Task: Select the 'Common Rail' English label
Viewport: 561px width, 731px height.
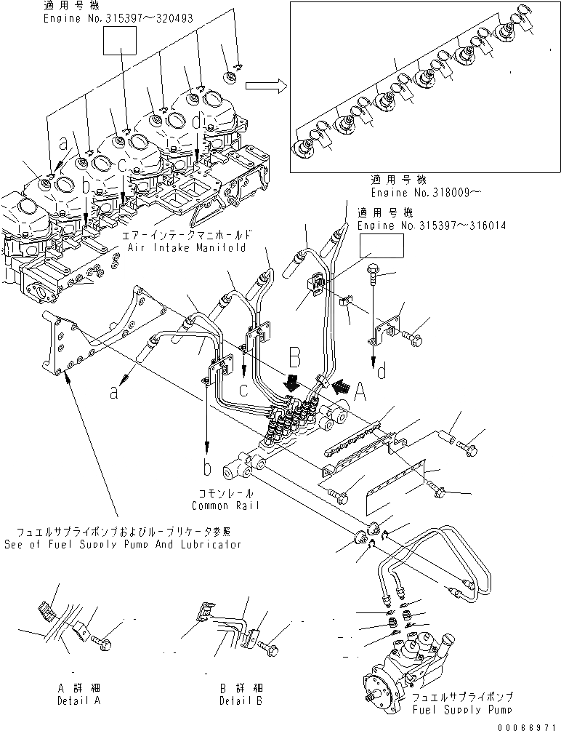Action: [x=225, y=506]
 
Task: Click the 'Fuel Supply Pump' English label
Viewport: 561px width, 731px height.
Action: [x=462, y=709]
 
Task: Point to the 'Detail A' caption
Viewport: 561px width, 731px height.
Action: [x=78, y=700]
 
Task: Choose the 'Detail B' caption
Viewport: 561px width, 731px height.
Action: [x=241, y=700]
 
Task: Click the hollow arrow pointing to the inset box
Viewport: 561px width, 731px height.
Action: [x=264, y=86]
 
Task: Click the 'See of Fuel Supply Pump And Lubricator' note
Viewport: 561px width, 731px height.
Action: [x=122, y=544]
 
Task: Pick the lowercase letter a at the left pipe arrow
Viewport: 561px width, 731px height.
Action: [x=114, y=394]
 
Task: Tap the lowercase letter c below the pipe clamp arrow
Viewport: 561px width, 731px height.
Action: [x=244, y=391]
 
